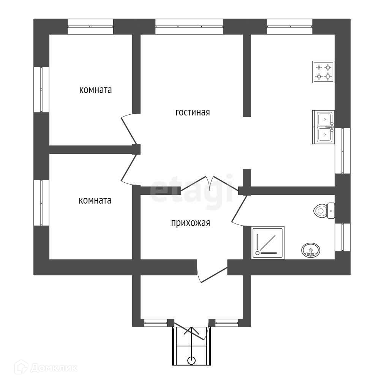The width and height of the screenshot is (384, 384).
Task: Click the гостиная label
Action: pyautogui.click(x=193, y=112)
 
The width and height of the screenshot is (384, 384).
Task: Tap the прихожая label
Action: pyautogui.click(x=191, y=223)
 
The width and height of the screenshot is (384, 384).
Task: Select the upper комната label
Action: pyautogui.click(x=95, y=90)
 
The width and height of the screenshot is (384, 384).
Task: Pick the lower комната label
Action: pyautogui.click(x=95, y=201)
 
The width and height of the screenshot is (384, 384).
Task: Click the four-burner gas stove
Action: pyautogui.click(x=323, y=72)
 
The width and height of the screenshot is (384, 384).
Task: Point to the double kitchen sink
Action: pyautogui.click(x=323, y=127)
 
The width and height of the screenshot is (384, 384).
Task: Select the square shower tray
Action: pyautogui.click(x=268, y=242)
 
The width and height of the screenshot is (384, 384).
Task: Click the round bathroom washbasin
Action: pyautogui.click(x=311, y=250)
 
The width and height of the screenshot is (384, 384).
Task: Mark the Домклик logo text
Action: pyautogui.click(x=54, y=368)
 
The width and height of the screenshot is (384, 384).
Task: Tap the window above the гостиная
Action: pyautogui.click(x=189, y=27)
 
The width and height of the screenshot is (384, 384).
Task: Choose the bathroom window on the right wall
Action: pyautogui.click(x=342, y=237)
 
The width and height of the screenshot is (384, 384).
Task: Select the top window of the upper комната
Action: pyautogui.click(x=90, y=27)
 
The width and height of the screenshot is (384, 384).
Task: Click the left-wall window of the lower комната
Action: pyautogui.click(x=41, y=203)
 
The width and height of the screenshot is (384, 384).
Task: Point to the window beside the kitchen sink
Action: pyautogui.click(x=342, y=151)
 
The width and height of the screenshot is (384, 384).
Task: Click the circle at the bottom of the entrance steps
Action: pyautogui.click(x=191, y=360)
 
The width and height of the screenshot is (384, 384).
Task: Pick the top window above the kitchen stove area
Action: pyautogui.click(x=289, y=27)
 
